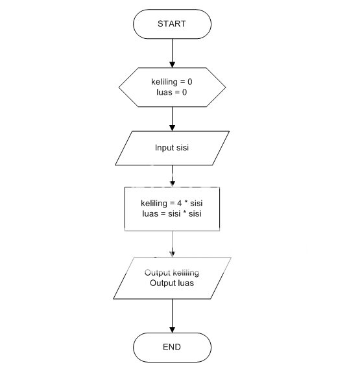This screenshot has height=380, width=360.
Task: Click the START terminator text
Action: coord(172,24)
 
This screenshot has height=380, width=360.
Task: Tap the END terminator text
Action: coord(172,347)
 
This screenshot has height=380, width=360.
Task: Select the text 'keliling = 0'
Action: coord(172,82)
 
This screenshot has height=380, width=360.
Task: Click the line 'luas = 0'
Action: coord(172,92)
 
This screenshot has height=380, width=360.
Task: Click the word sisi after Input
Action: coord(182,148)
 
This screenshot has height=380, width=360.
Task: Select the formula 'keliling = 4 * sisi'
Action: coord(172,204)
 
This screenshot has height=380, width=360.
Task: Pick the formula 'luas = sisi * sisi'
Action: coord(172,214)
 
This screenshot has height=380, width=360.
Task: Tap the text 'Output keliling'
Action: coord(172,273)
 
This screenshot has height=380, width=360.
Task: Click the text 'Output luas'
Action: coord(172,283)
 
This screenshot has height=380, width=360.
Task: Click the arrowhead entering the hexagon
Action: coord(172,65)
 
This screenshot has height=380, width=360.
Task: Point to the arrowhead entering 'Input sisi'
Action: coord(172,128)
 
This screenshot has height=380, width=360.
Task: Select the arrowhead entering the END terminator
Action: coord(172,330)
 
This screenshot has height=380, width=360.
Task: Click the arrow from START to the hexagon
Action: coord(172,53)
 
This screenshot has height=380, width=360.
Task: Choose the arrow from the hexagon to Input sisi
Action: coord(172,119)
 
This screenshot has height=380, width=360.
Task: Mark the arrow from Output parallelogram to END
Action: coord(172,316)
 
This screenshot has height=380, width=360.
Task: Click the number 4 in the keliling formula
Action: coord(179,204)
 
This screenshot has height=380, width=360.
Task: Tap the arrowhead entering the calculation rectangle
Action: coord(172,184)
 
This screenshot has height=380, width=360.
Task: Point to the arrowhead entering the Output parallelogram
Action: coord(172,254)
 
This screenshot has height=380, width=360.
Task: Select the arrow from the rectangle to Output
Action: coord(172,244)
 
